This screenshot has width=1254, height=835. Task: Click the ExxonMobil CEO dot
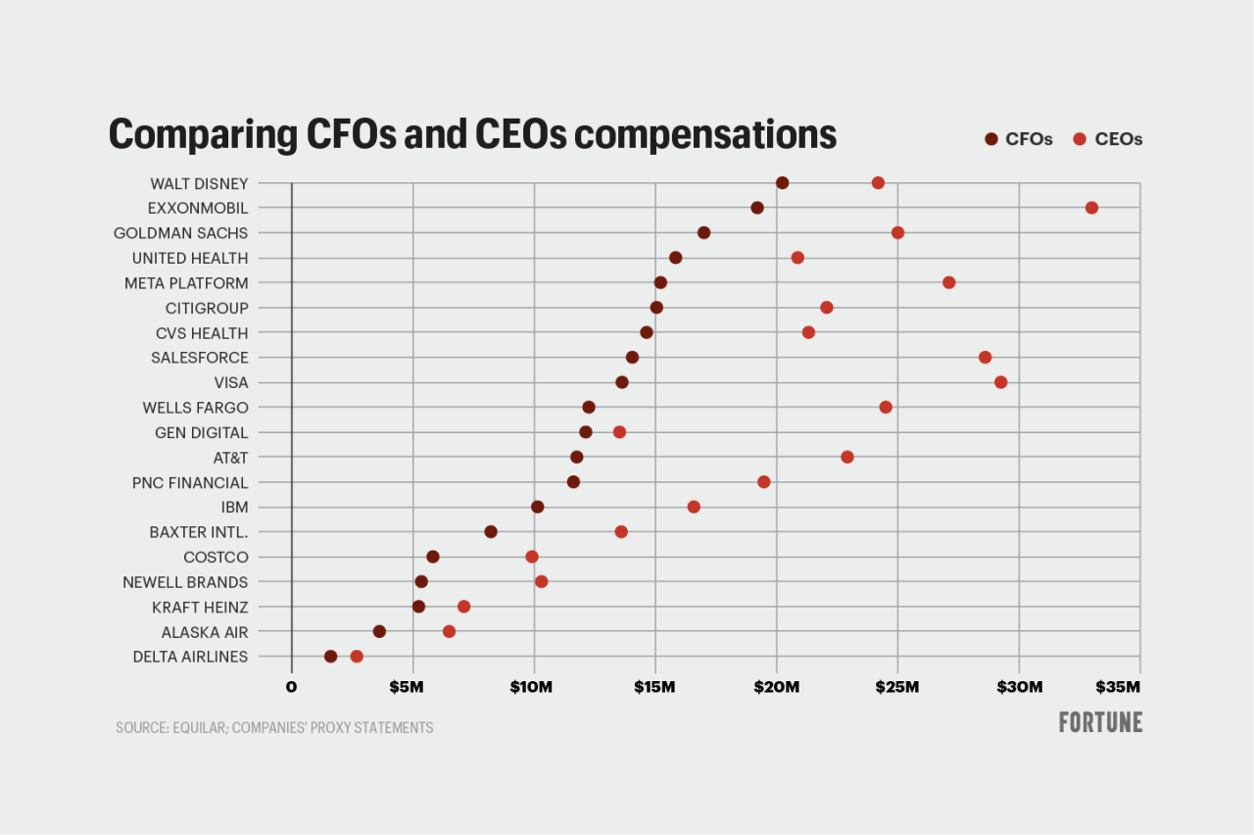click(x=1091, y=208)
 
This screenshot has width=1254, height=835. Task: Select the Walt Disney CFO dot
click(x=782, y=183)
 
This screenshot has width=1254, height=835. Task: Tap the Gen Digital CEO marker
click(x=619, y=432)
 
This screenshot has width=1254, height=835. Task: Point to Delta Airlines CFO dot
click(x=330, y=657)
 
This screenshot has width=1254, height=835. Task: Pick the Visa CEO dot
click(x=1000, y=382)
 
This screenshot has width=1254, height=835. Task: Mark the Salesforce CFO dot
click(x=632, y=358)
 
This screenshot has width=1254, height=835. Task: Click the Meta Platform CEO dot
click(x=948, y=282)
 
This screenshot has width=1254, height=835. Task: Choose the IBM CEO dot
click(x=694, y=507)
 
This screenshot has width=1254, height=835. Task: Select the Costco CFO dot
click(x=432, y=557)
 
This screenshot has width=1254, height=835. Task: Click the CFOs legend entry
click(x=1019, y=139)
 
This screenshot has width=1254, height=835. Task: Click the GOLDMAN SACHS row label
click(x=180, y=233)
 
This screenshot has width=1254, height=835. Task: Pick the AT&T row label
click(x=230, y=458)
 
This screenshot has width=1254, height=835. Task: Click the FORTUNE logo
click(x=1100, y=723)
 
